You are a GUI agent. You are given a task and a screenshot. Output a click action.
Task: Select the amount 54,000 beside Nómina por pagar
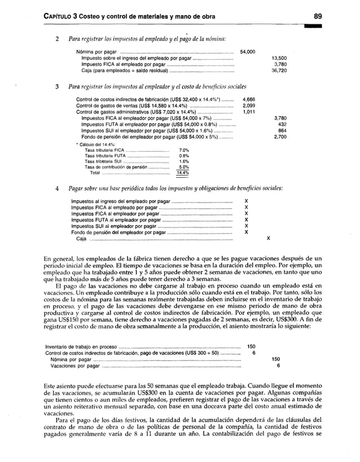click(248, 52)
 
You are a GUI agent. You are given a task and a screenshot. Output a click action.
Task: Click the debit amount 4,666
click(248, 99)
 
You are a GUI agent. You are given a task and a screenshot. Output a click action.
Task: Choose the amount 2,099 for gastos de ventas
click(248, 105)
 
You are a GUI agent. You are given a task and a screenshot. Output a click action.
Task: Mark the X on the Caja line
click(268, 239)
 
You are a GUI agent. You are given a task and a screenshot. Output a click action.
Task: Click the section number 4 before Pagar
click(57, 187)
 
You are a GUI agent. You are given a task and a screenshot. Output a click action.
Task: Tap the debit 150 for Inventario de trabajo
click(252, 346)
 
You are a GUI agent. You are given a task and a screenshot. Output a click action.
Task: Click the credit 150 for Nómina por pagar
click(275, 359)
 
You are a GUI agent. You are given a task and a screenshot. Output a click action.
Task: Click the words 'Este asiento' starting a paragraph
click(59, 385)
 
